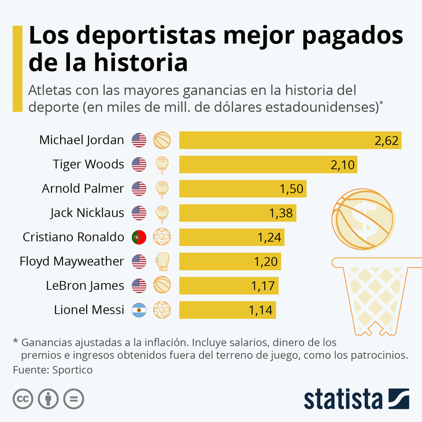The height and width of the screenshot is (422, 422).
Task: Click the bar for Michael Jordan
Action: [x=290, y=140]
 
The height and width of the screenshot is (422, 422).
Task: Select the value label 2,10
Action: [x=342, y=165]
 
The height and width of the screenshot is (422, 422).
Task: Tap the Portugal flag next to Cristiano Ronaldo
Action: [x=139, y=237]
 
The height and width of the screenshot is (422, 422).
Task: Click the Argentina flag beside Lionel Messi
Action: [x=139, y=310]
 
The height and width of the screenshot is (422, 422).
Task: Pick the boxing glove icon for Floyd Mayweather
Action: [x=162, y=261]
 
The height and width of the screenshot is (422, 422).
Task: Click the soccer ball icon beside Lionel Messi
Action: [x=162, y=310]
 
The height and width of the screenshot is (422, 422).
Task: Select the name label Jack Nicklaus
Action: [x=87, y=213]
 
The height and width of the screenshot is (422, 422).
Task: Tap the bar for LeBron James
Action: [x=229, y=286]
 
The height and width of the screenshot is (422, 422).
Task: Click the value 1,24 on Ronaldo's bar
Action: [x=269, y=238]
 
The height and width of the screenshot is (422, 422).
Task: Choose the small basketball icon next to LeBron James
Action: [x=162, y=285]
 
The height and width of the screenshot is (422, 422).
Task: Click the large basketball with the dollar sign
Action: [x=363, y=219]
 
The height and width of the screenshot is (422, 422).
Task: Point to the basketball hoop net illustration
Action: [x=377, y=296]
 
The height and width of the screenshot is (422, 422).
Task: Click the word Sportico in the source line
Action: [x=72, y=370]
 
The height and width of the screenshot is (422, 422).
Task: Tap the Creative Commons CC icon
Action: [x=23, y=398]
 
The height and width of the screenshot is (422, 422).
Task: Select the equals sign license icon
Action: [x=73, y=398]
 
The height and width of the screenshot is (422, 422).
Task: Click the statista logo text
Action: [x=343, y=399]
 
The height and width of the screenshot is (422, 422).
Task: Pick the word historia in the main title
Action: [x=140, y=62]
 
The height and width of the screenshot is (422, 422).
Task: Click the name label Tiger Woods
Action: [x=88, y=164]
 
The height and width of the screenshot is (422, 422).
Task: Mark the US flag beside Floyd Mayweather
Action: [x=139, y=261]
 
